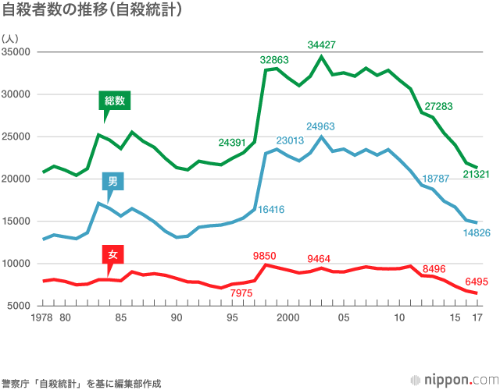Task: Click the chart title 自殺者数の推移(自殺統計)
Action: point(93,11)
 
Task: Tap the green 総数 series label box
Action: point(116,101)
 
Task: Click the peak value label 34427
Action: point(322,44)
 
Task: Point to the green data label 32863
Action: point(275,59)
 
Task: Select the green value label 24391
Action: point(234,142)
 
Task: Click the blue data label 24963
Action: point(321,126)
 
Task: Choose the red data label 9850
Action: point(266,255)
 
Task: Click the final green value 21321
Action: point(476,174)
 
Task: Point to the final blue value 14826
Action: point(476,232)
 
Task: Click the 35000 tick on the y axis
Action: point(16,52)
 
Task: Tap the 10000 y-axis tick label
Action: point(16,264)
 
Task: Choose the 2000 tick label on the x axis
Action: point(288,317)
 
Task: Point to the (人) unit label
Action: point(10,37)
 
